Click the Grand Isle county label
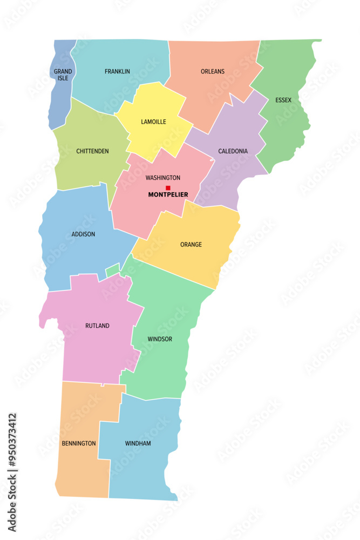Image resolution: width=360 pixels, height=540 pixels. pos(63,75)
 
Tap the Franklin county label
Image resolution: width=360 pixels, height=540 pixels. pos(117,71)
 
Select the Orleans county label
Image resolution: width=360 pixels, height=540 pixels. pos(213,71)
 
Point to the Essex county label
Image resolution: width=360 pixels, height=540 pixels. pos(283,100)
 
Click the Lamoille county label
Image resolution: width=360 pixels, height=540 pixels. pos(154,122)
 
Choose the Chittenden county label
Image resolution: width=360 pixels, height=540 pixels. pos(92,151)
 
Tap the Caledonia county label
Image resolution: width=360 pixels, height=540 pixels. pos(233,151)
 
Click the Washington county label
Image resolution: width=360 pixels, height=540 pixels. pos(163,178)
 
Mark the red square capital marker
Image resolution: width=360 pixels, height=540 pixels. pos(168,188)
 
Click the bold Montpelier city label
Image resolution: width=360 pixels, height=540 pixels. pos(168,194)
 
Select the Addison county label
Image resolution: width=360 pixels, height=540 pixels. pos(83,234)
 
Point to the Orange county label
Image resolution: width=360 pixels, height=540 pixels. pos(191,245)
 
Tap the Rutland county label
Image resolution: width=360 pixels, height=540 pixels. pos(97,326)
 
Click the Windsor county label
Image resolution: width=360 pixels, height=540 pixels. pos(160,339)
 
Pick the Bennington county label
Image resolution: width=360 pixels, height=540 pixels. pos(79,443)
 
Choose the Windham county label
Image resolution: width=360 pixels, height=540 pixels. pos(138,443)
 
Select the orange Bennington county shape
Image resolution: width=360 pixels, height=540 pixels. pos(81,470)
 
